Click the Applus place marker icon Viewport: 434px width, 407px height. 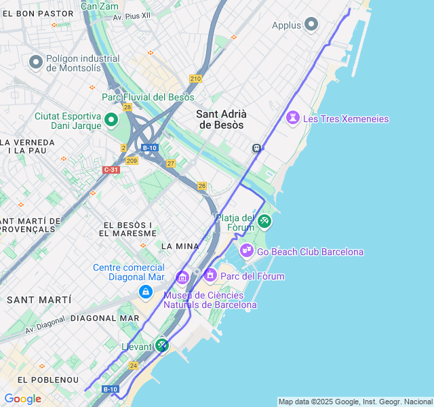pyautogui.click(x=311, y=25)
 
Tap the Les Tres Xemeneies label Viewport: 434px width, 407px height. pyautogui.click(x=346, y=119)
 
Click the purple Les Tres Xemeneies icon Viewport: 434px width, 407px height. pyautogui.click(x=292, y=118)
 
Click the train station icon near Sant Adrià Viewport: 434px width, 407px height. pyautogui.click(x=257, y=148)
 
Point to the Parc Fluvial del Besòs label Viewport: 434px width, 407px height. pyautogui.click(x=148, y=97)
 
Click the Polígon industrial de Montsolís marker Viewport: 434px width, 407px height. pyautogui.click(x=36, y=62)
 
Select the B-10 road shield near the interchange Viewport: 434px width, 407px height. pyautogui.click(x=150, y=147)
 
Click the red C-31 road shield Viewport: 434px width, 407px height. pyautogui.click(x=111, y=169)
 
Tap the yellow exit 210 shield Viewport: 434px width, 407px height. pyautogui.click(x=195, y=79)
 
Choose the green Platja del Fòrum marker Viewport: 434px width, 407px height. pyautogui.click(x=264, y=220)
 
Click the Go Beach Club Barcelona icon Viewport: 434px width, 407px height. pyautogui.click(x=247, y=251)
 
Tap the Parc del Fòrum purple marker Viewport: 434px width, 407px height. pyautogui.click(x=210, y=275)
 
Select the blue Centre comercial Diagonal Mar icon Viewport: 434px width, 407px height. pyautogui.click(x=145, y=292)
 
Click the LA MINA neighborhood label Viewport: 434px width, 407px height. pyautogui.click(x=180, y=246)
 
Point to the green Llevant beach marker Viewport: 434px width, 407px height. pyautogui.click(x=161, y=345)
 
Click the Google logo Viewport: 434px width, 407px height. pyautogui.click(x=22, y=399)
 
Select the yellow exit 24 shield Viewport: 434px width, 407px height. pyautogui.click(x=134, y=366)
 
